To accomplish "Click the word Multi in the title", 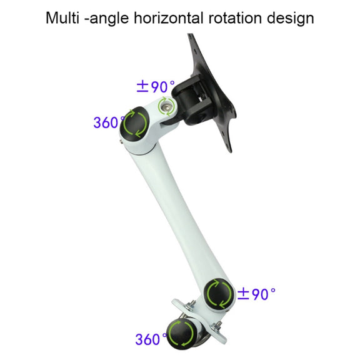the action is [x=62, y=18].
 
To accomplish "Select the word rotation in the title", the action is [x=235, y=18].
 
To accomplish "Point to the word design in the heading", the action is [x=291, y=19].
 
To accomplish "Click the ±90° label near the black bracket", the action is [x=156, y=86].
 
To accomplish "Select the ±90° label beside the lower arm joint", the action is [x=256, y=294].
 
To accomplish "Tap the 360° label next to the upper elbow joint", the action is [x=109, y=122].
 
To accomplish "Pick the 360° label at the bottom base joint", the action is [x=151, y=339].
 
